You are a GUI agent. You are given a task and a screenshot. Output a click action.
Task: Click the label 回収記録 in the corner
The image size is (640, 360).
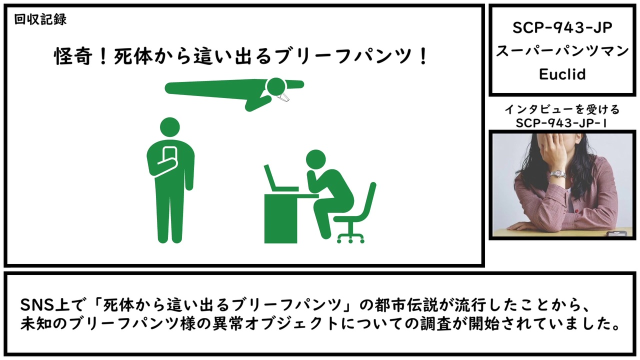[40, 19]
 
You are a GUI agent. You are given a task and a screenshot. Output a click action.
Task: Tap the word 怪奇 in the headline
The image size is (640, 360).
[73, 56]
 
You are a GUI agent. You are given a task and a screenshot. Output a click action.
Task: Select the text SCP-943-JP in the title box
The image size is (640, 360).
[562, 28]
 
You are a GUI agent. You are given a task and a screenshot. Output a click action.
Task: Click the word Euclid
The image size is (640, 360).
[562, 74]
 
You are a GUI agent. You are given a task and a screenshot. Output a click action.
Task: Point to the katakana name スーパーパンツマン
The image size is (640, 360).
[562, 51]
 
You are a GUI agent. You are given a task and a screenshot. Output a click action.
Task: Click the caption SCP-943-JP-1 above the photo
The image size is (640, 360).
[561, 123]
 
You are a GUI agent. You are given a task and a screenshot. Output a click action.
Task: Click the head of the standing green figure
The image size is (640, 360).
[170, 127]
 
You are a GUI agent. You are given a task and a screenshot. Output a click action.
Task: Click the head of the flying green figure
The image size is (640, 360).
[276, 87]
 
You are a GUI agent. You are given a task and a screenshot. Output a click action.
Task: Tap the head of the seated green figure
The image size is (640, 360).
[315, 159]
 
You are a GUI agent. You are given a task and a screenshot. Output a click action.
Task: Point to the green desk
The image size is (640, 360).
[285, 218]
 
